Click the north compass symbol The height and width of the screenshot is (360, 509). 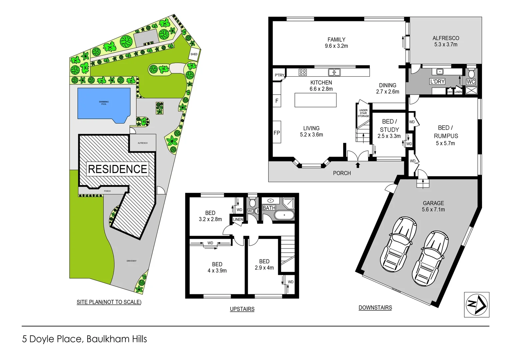pos(477,304)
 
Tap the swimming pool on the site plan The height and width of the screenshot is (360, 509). pos(104,103)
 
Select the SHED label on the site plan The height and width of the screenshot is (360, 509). pos(194,54)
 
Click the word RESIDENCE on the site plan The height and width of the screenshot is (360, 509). pos(117,169)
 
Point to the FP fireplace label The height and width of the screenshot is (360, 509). pos(276,133)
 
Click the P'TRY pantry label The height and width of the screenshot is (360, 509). pos(279,75)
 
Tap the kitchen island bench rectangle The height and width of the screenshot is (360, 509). pos(315,100)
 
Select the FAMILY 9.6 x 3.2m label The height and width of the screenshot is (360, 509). pos(336,43)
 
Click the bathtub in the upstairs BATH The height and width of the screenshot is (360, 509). pos(284,215)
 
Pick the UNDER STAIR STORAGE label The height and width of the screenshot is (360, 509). pos(363,113)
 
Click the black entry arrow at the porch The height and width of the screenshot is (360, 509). pos(358,165)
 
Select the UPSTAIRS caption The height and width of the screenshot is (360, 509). pos(242,309)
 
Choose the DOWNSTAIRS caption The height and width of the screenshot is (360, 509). pos(375,307)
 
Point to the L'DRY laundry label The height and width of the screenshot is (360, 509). pos(437,81)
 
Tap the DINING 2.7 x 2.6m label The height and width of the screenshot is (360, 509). pos(387,88)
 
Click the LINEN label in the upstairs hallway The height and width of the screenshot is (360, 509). pos(238,219)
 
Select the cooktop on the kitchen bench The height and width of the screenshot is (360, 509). pos(302,72)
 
